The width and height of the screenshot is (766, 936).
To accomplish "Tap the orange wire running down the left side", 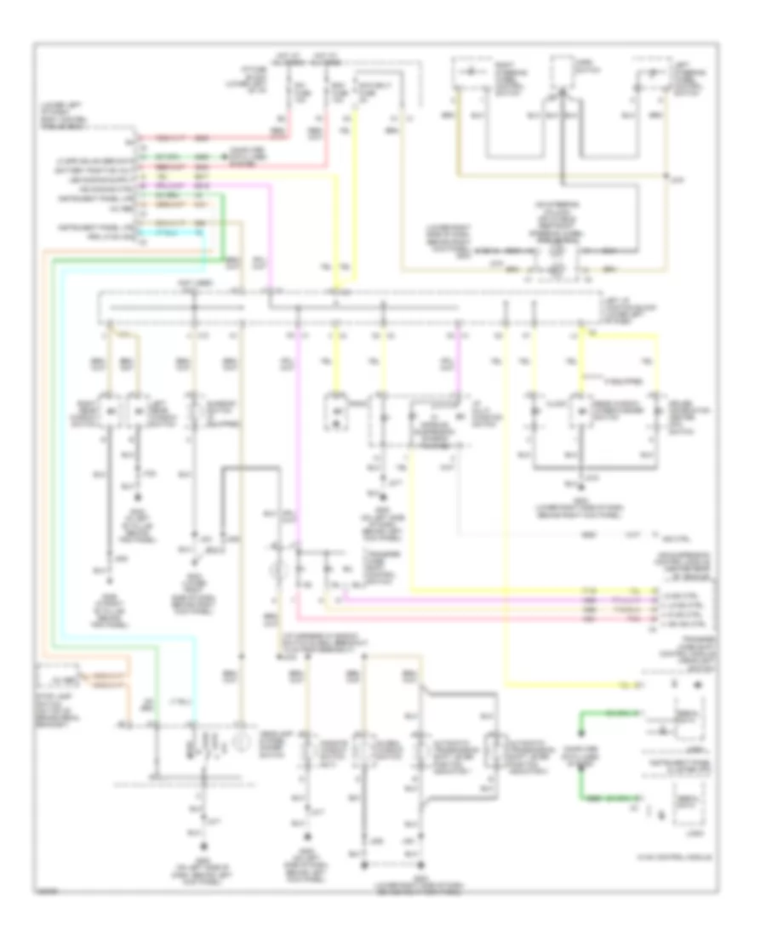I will click(x=43, y=425).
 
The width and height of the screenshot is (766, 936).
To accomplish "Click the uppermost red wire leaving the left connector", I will click(x=213, y=136).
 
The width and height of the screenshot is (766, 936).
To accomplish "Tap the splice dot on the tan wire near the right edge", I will click(x=666, y=176).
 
